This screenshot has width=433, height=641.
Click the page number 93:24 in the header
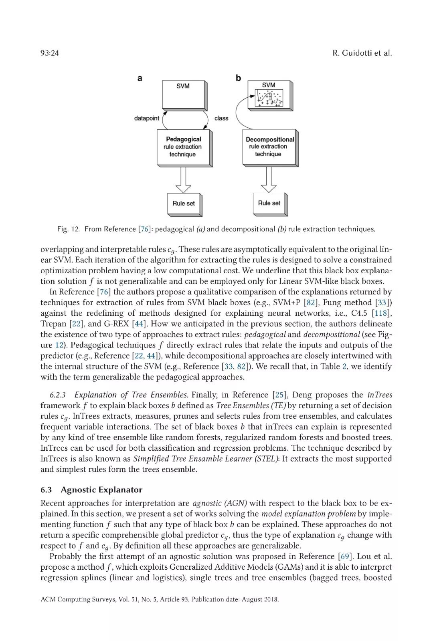(50, 53)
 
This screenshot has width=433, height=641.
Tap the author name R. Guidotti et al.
(362, 53)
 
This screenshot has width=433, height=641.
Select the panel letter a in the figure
(140, 78)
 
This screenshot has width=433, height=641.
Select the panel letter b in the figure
(238, 78)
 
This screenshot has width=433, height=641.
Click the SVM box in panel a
(184, 95)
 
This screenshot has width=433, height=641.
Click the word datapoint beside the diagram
(146, 118)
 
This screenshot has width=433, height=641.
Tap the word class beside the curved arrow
(221, 118)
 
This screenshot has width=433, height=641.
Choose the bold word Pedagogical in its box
(184, 139)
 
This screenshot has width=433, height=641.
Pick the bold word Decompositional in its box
(270, 139)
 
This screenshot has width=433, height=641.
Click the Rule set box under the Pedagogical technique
(184, 204)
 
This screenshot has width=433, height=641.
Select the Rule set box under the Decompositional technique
(269, 203)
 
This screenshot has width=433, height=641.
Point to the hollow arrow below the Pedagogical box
(183, 180)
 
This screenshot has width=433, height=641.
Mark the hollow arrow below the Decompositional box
(269, 180)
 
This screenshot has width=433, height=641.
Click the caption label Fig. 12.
(68, 229)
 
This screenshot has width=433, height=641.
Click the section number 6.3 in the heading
(46, 490)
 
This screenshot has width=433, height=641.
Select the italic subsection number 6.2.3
(58, 395)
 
